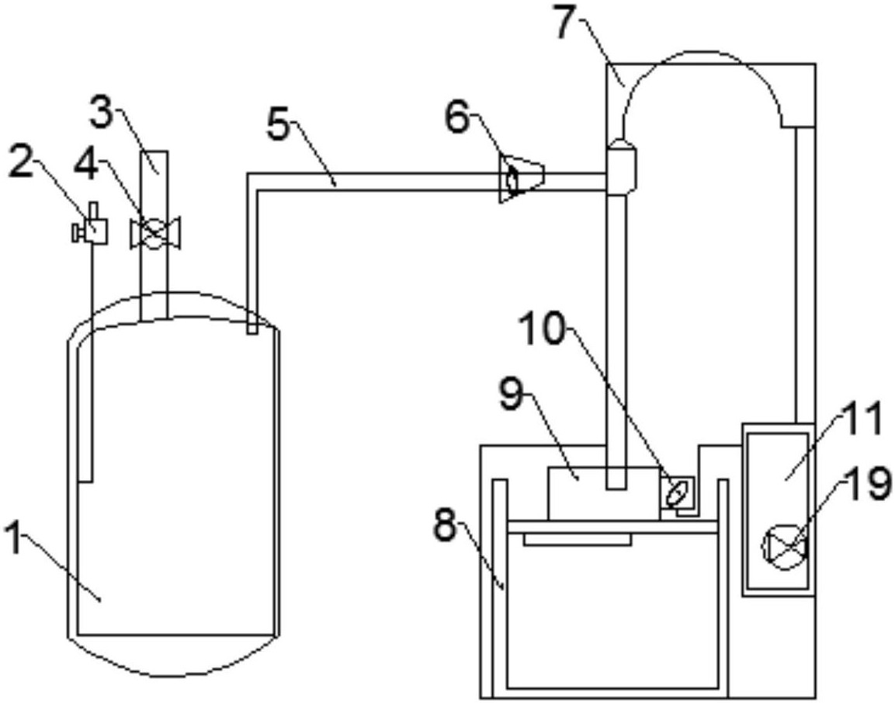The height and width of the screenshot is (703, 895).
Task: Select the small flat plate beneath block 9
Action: [578, 540]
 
